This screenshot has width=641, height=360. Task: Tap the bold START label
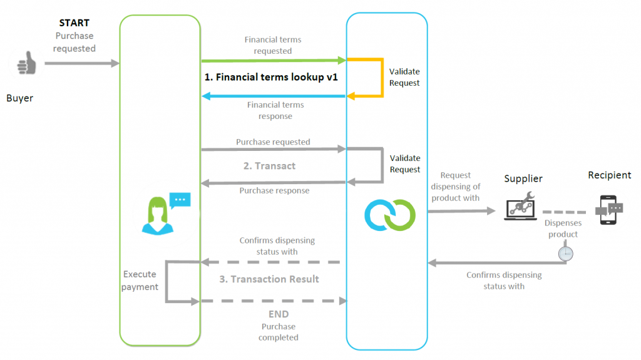[74, 23]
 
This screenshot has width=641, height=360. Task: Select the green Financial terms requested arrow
[273, 60]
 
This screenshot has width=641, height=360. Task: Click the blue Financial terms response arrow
[273, 96]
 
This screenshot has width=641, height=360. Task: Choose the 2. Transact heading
[269, 166]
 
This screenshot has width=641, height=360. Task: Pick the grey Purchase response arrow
[273, 183]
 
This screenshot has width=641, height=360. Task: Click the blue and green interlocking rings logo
[390, 213]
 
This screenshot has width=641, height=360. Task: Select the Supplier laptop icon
[520, 205]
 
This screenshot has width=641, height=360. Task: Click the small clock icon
[565, 253]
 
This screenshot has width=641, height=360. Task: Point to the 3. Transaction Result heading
[269, 279]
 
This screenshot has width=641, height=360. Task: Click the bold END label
[279, 314]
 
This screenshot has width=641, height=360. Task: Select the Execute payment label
[140, 280]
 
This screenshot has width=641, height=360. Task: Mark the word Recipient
[609, 175]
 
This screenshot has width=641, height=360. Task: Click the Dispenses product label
[563, 228]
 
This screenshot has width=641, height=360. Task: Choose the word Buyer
[19, 98]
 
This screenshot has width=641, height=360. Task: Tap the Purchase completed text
[279, 332]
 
